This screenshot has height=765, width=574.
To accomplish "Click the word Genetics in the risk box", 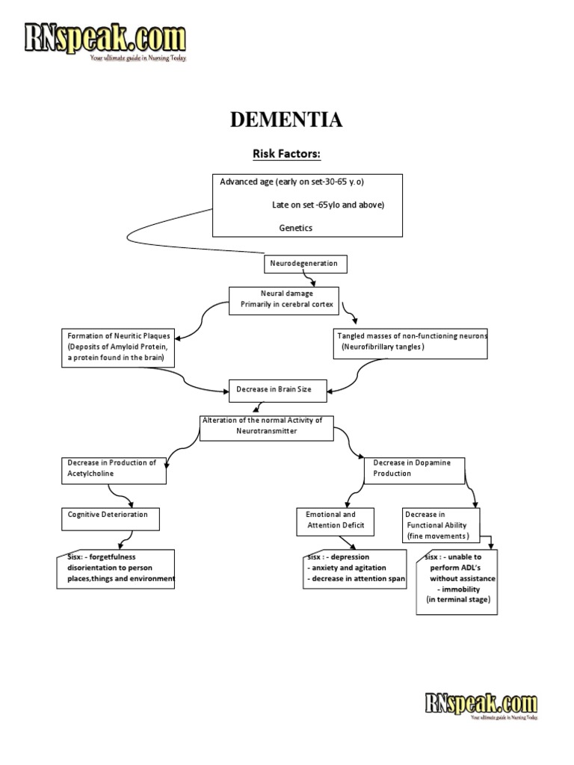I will [x=296, y=228].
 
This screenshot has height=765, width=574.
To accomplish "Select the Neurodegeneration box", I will [x=306, y=264].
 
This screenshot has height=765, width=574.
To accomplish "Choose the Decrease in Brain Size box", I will [x=269, y=389].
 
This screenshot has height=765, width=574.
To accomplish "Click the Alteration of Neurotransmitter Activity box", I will [x=266, y=426].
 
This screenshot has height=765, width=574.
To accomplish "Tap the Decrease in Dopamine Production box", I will [x=414, y=468].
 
